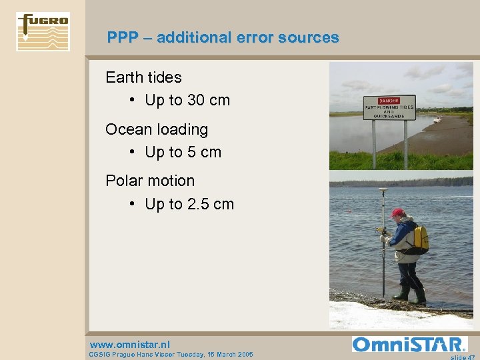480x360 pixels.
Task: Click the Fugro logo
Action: tap(43, 31)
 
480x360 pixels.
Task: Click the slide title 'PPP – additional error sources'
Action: tap(223, 38)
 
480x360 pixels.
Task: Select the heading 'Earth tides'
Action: tap(143, 77)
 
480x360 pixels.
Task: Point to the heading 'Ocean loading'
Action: tap(157, 129)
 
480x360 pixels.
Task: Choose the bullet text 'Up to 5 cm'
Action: tap(183, 152)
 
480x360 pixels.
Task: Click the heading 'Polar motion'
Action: tap(150, 181)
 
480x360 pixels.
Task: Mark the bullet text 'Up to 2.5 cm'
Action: tap(189, 204)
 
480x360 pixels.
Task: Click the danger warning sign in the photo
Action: tap(389, 107)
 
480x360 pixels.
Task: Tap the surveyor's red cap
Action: tap(398, 213)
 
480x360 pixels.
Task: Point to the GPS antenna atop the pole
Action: tap(383, 192)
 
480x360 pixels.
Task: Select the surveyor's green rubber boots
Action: tap(410, 293)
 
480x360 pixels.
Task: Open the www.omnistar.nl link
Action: tap(129, 345)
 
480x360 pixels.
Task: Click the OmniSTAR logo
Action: tap(409, 345)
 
